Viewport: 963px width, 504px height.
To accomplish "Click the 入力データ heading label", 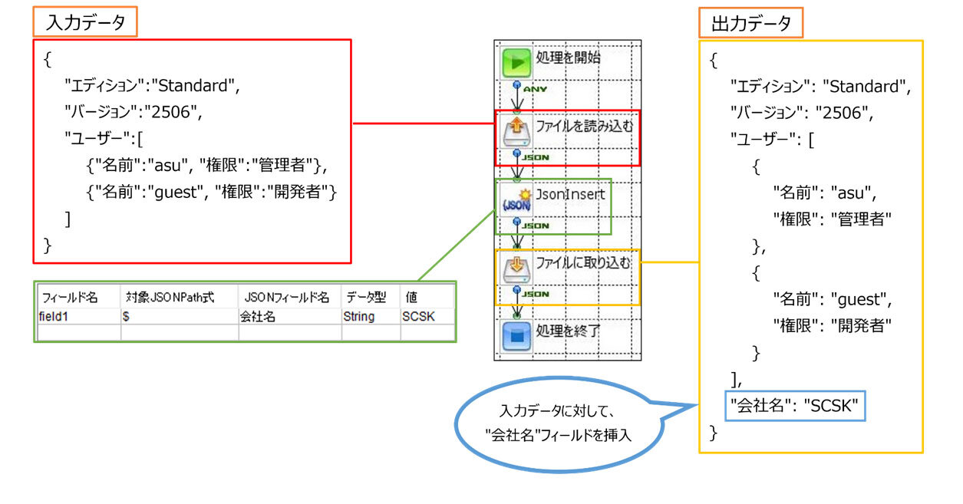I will (85, 23).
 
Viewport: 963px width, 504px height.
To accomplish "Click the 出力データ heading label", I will (750, 24).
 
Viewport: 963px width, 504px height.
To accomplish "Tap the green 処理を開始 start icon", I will (516, 62).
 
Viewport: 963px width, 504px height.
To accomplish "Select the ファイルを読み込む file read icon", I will (516, 131).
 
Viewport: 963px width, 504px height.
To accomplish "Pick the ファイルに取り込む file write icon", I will (516, 269).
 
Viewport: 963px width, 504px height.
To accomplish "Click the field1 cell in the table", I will (54, 315).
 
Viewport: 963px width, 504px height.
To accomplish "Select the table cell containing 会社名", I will (258, 315).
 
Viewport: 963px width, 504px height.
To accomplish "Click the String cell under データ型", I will (360, 315).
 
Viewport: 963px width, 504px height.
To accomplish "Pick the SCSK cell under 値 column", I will (417, 315).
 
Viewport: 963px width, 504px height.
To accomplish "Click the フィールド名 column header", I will (70, 297).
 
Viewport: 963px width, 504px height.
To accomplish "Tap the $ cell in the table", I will (126, 315).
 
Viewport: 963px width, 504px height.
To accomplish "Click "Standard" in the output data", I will (866, 86).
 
